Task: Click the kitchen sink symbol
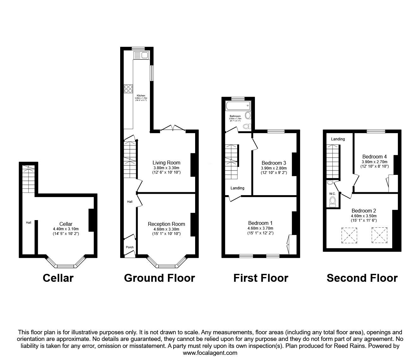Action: (x=141, y=56)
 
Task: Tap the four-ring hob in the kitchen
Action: (x=128, y=89)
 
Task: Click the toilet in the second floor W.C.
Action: (x=332, y=202)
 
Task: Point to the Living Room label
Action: (x=166, y=163)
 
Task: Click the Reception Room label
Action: (x=166, y=224)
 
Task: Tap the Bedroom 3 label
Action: (x=274, y=163)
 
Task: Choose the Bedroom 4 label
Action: (x=374, y=157)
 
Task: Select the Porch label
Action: (x=130, y=247)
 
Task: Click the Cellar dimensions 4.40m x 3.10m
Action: (x=66, y=229)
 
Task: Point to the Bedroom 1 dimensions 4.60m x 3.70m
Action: (x=261, y=228)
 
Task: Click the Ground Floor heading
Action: (x=159, y=278)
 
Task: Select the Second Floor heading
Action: (x=362, y=278)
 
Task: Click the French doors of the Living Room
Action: (x=173, y=128)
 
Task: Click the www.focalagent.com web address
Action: (x=210, y=353)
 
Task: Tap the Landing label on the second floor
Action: (x=338, y=139)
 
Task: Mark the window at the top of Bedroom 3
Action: (x=276, y=131)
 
